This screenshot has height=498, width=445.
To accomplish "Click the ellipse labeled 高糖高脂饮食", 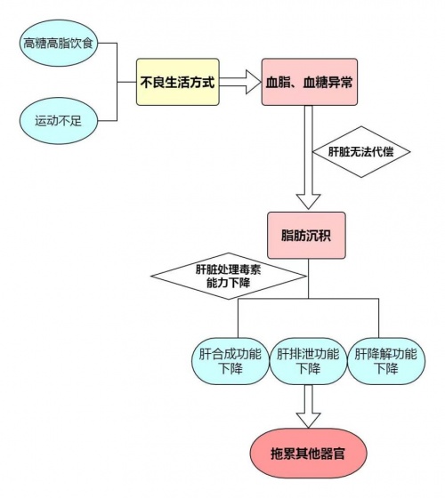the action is pyautogui.click(x=59, y=43).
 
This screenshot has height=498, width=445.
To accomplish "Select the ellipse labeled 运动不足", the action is pyautogui.click(x=59, y=121).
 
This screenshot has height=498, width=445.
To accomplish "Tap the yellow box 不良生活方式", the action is pyautogui.click(x=178, y=82).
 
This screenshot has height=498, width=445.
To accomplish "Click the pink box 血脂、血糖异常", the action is pyautogui.click(x=310, y=82).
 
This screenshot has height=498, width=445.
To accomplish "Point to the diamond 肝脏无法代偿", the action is pyautogui.click(x=361, y=152).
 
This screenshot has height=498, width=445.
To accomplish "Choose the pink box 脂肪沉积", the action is pyautogui.click(x=306, y=236).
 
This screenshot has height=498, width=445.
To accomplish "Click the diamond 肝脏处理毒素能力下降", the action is pyautogui.click(x=229, y=276).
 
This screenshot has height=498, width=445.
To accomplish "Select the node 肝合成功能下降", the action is pyautogui.click(x=231, y=361).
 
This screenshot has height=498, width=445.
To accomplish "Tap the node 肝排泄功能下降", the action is pyautogui.click(x=308, y=361).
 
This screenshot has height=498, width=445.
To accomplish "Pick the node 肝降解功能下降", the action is pyautogui.click(x=386, y=361).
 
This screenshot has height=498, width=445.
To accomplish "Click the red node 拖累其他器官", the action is pyautogui.click(x=308, y=454).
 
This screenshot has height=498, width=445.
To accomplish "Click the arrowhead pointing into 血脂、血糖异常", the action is pyautogui.click(x=254, y=82).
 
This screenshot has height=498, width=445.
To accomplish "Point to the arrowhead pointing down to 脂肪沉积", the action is pyautogui.click(x=308, y=201).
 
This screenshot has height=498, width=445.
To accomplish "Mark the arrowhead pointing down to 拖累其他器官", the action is pyautogui.click(x=308, y=421).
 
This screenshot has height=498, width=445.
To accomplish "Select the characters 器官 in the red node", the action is pyautogui.click(x=333, y=454).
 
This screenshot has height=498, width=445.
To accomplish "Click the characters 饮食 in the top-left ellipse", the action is pyautogui.click(x=81, y=43).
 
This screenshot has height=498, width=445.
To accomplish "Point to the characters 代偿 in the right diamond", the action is pyautogui.click(x=383, y=152).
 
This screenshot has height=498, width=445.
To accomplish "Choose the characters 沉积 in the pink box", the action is pyautogui.click(x=319, y=236).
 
